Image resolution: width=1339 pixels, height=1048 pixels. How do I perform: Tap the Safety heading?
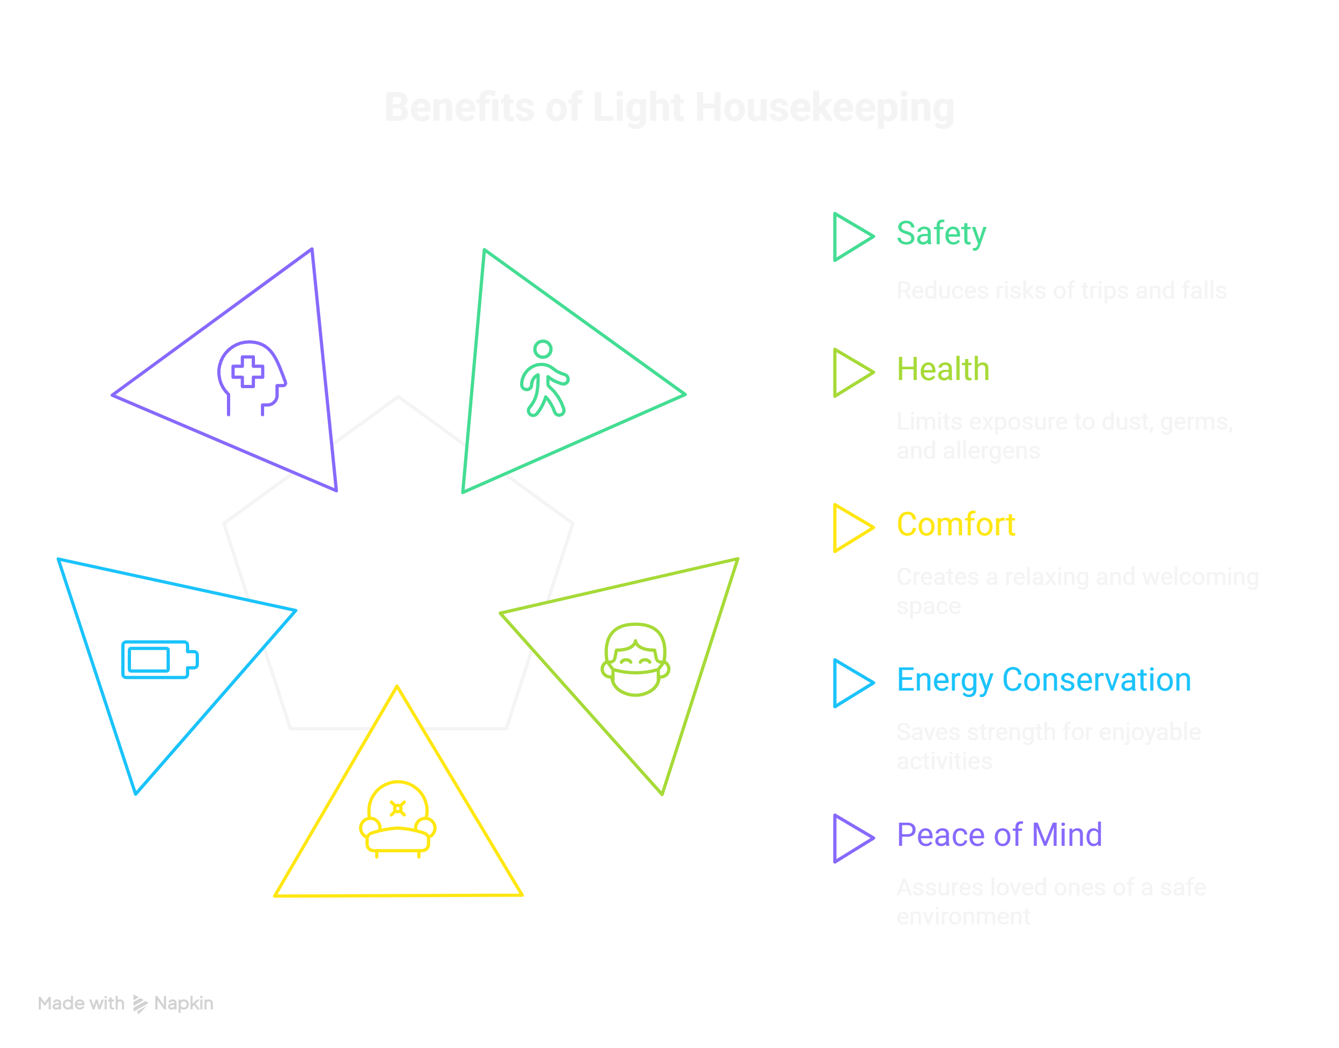tap(941, 234)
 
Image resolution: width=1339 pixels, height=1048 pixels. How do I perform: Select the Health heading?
tap(943, 369)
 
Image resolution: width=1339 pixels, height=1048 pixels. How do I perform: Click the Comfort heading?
tap(956, 525)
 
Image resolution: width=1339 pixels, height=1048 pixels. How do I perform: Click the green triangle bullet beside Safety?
tap(851, 237)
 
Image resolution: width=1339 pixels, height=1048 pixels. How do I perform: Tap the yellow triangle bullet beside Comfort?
tap(851, 528)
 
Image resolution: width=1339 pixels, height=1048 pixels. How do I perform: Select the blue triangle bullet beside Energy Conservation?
tap(851, 683)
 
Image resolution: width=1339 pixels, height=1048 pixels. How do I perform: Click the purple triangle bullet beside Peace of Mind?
tap(851, 838)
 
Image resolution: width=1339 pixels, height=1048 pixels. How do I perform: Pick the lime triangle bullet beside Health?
tap(851, 373)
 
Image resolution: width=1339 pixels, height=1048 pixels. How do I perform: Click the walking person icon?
tap(544, 378)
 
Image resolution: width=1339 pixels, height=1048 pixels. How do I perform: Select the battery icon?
tap(160, 660)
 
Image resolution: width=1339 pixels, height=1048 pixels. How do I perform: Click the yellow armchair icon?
tap(397, 818)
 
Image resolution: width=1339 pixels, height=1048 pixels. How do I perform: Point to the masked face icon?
tap(636, 660)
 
